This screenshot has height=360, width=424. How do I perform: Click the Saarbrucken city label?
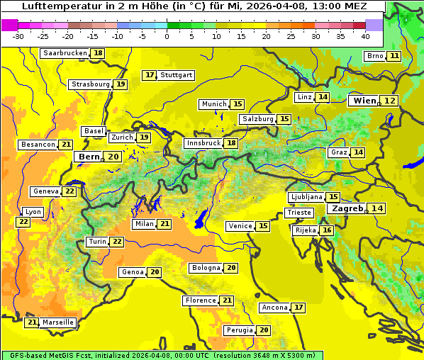(65, 53)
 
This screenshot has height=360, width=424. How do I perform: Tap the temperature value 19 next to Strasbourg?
(121, 84)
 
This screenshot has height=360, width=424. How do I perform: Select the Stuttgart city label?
(177, 75)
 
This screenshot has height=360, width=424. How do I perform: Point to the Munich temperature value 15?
(238, 104)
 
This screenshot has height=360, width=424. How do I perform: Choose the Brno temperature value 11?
(394, 56)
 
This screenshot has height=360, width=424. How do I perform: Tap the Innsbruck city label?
(203, 143)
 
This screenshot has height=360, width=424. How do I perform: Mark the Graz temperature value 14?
(358, 152)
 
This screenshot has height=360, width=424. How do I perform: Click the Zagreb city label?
(347, 208)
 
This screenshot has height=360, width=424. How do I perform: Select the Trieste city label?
(299, 213)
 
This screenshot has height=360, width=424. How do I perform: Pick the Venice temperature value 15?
(263, 226)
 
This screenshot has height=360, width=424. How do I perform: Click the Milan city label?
(144, 224)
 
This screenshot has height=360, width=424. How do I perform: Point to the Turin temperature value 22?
(117, 242)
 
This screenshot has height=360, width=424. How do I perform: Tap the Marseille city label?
(57, 322)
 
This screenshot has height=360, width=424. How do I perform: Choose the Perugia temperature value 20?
(264, 330)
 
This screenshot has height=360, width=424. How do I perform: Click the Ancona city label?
(274, 308)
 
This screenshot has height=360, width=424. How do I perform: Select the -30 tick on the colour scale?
(18, 35)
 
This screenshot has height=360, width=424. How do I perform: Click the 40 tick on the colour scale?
(365, 35)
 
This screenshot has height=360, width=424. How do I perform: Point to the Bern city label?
(89, 157)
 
